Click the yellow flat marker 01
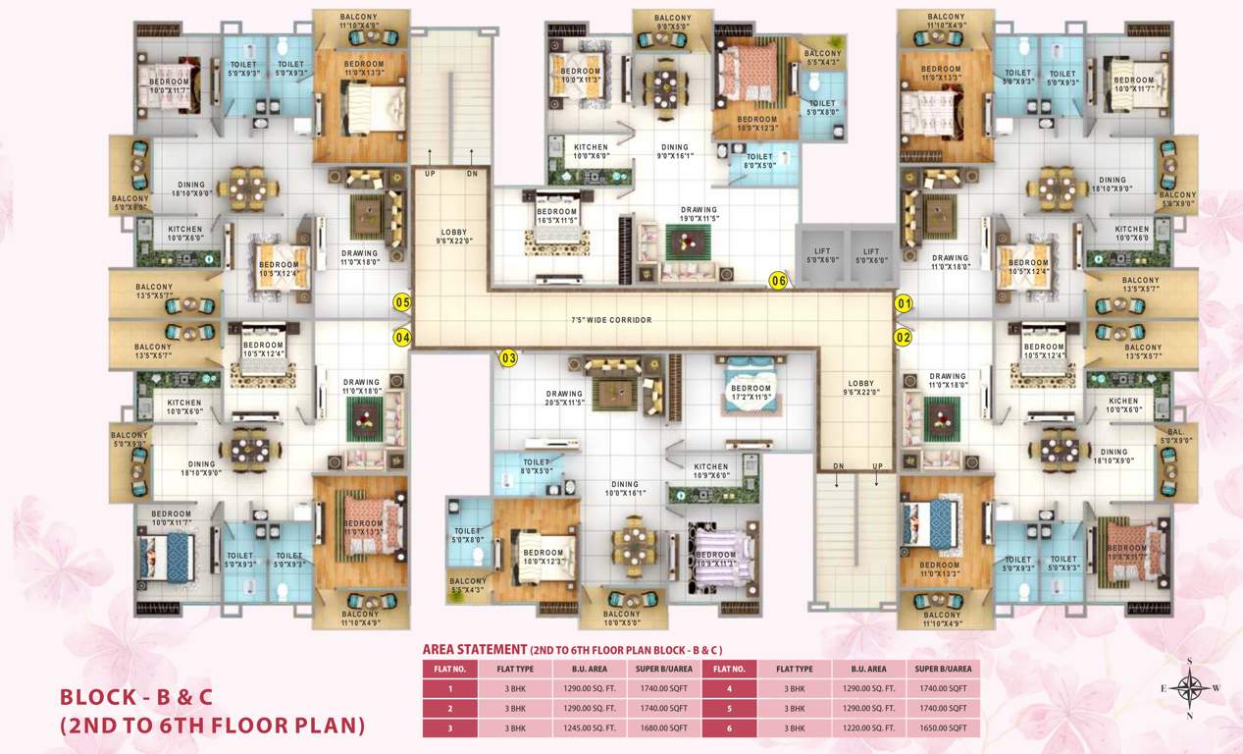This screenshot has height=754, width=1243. click(904, 303)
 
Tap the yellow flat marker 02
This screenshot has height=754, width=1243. click(904, 338)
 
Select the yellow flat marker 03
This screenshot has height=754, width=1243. click(508, 358)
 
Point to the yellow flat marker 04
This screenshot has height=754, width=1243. click(401, 338)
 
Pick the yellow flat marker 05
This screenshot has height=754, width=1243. click(401, 302)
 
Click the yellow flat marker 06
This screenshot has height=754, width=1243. click(779, 281)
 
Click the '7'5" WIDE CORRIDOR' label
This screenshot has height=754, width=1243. click(611, 320)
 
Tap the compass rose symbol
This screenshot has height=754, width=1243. click(1190, 687)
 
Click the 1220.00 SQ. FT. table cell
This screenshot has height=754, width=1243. click(869, 727)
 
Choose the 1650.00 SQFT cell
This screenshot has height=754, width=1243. click(943, 727)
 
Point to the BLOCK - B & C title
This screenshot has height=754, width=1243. click(136, 697)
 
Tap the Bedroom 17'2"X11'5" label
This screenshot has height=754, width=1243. click(751, 393)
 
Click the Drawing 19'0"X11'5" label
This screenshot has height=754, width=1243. click(699, 214)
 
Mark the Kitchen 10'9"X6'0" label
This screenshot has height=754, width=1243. click(711, 471)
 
